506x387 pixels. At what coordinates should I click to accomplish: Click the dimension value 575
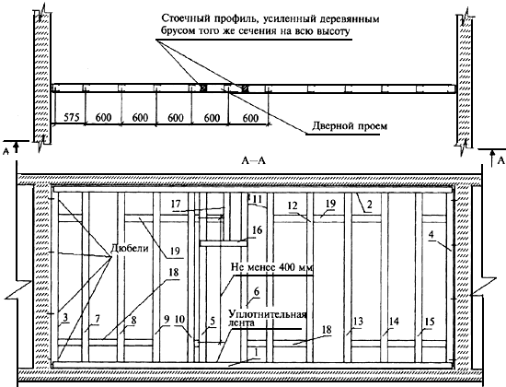72,117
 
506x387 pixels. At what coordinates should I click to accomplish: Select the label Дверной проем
350,125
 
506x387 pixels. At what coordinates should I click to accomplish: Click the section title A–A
254,160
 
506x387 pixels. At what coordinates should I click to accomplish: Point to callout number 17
176,205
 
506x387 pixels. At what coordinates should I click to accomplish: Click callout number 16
258,230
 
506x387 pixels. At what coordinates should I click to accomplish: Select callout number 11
257,199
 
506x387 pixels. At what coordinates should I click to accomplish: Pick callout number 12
293,205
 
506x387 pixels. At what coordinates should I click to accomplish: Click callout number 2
370,205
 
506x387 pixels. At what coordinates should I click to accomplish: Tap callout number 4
431,234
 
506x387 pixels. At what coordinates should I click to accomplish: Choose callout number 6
257,291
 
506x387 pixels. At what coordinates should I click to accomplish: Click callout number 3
65,318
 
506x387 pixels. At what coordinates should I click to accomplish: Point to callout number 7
98,319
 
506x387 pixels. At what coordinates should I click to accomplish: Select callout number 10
179,320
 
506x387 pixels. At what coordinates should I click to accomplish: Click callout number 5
213,321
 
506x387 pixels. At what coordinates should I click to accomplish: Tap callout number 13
358,322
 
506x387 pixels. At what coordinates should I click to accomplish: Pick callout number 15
430,322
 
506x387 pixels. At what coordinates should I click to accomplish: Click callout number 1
257,353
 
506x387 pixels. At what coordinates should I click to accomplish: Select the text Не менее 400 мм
272,268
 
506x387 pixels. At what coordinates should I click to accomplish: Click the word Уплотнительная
267,314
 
